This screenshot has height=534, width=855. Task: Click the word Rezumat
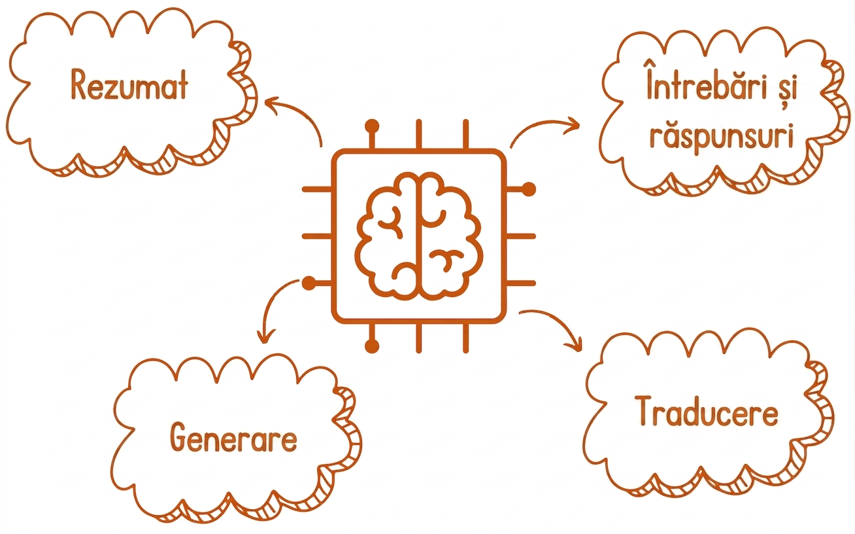click(x=129, y=85)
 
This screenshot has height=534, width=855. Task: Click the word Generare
click(x=233, y=437)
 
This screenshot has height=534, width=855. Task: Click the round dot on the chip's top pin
click(x=372, y=126)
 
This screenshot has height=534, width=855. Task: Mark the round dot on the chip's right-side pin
click(x=529, y=189)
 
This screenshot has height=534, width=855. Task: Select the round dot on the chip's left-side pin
click(x=309, y=283)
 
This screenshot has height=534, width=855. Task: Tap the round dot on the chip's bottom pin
click(x=372, y=346)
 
